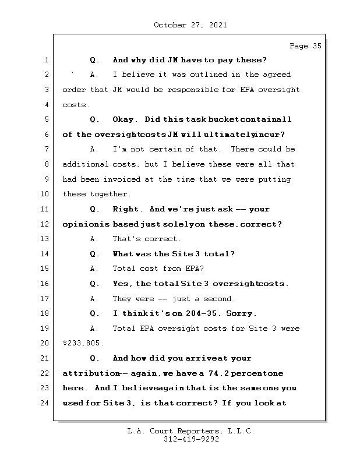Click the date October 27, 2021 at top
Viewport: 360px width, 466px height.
[x=190, y=25]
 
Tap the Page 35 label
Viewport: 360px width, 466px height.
[x=305, y=46]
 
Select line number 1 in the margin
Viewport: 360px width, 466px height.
[x=46, y=60]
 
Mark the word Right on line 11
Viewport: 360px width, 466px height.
[x=127, y=209]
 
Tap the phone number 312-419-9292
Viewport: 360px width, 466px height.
[x=191, y=440]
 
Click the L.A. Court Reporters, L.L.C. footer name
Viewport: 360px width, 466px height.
[x=191, y=431]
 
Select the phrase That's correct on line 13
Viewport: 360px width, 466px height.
[x=147, y=239]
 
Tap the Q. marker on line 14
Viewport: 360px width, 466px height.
[x=95, y=254]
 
